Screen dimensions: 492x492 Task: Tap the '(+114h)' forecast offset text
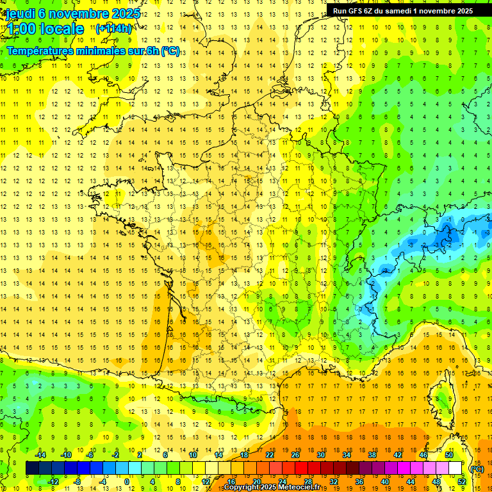coord(114,28)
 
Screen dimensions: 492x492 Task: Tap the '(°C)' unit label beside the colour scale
coord(477,469)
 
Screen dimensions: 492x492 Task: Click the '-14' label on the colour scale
coord(40,455)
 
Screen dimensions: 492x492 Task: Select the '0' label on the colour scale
coord(127,482)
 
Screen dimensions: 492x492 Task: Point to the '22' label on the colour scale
coord(270,455)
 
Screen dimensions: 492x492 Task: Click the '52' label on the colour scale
coord(461,482)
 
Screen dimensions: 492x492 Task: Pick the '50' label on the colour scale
coord(449,455)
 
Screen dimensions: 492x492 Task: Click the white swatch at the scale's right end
coord(455,468)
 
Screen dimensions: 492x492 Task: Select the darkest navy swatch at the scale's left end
coord(32,468)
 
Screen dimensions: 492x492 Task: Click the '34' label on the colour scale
coord(347,455)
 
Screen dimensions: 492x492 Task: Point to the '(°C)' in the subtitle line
coord(170,51)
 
